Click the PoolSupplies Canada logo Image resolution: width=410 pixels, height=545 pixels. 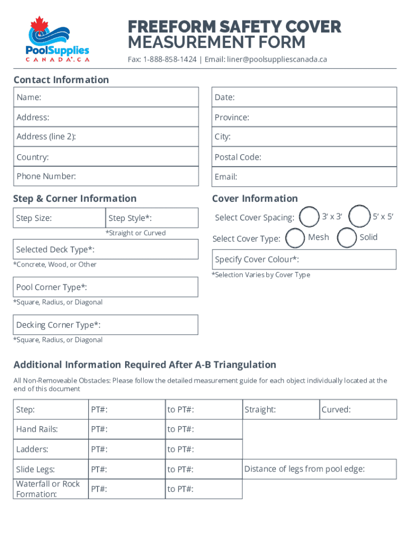(x=58, y=40)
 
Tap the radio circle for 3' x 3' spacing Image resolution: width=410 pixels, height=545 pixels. (x=309, y=217)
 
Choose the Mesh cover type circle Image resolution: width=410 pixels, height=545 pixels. (x=296, y=237)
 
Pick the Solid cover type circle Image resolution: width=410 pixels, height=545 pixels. (x=347, y=237)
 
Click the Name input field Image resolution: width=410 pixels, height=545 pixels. (x=106, y=97)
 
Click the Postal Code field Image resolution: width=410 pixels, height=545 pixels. (x=304, y=157)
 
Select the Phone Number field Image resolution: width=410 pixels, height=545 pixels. (x=106, y=177)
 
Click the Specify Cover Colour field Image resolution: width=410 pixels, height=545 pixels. (x=304, y=259)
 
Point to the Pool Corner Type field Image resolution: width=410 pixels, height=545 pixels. (x=106, y=287)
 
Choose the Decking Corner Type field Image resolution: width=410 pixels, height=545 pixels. (x=106, y=325)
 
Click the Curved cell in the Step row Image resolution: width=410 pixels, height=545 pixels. (x=358, y=410)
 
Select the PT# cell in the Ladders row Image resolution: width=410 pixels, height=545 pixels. (x=126, y=449)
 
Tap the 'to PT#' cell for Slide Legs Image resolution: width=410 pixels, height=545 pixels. (x=203, y=469)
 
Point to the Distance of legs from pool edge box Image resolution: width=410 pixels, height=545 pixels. (x=319, y=469)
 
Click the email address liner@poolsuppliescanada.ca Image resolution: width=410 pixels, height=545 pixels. (x=277, y=59)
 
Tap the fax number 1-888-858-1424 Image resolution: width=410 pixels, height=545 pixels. (x=169, y=59)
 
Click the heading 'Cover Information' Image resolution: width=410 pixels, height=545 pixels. (x=255, y=199)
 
